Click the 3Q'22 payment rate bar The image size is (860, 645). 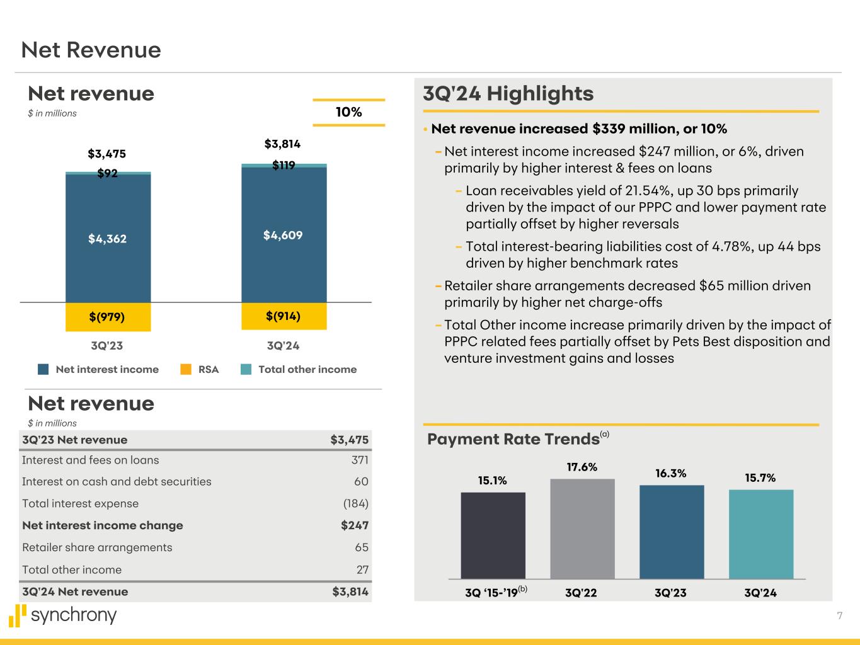click(x=582, y=528)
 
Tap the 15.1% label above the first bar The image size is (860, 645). click(x=492, y=481)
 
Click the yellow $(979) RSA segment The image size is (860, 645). click(x=108, y=317)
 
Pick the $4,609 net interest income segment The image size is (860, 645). click(x=284, y=235)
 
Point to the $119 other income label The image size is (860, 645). click(x=284, y=165)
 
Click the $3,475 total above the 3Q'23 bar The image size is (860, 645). click(x=106, y=154)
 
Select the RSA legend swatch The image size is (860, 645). click(x=186, y=370)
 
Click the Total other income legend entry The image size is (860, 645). click(x=307, y=370)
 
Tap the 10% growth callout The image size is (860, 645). click(x=348, y=112)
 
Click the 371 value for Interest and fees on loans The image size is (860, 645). click(x=360, y=460)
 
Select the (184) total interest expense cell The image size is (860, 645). click(x=355, y=503)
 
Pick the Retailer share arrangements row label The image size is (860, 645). click(x=97, y=547)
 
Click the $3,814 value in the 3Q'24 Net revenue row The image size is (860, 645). click(x=350, y=591)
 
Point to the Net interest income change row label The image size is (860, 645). click(x=103, y=525)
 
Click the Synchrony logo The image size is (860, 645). click(x=63, y=615)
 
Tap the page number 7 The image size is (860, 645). click(x=839, y=616)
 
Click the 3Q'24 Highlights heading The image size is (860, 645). click(x=508, y=94)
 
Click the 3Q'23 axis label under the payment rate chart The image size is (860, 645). click(x=670, y=593)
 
